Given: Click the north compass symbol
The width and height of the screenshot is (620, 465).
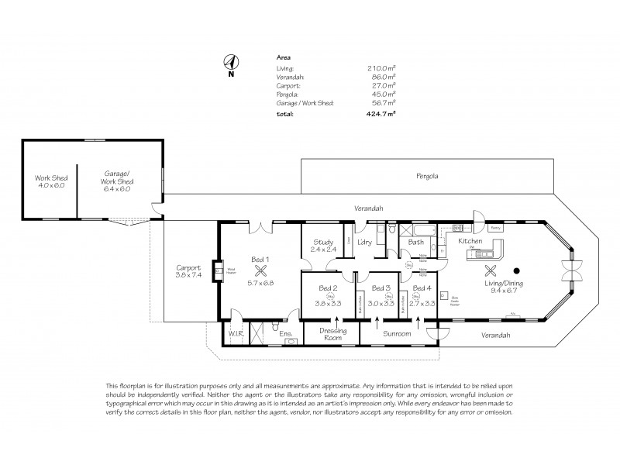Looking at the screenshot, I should (230, 63).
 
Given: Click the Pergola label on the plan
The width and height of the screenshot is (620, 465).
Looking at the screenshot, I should (427, 176).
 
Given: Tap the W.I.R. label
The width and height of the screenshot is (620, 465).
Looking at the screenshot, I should (235, 334).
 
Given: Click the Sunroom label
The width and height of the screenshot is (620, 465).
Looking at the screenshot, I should (396, 334).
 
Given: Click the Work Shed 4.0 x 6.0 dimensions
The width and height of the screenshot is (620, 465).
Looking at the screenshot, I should (49, 185).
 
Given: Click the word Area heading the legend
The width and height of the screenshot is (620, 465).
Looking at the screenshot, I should (284, 58).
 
